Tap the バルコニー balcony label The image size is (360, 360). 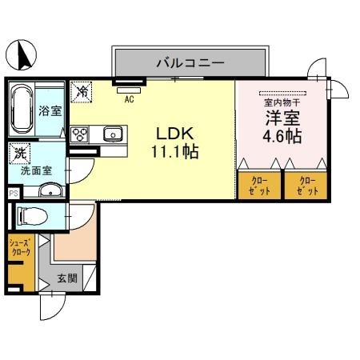[189, 62]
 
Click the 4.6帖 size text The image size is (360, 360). [282, 137]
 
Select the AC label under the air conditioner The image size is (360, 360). [128, 99]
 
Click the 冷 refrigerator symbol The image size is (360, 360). [81, 92]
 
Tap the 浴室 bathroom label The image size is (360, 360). [50, 111]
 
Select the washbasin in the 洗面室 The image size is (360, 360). [50, 190]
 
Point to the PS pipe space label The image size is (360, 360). [12, 193]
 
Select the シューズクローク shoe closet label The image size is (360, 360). [20, 248]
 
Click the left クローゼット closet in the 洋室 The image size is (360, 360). [260, 186]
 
